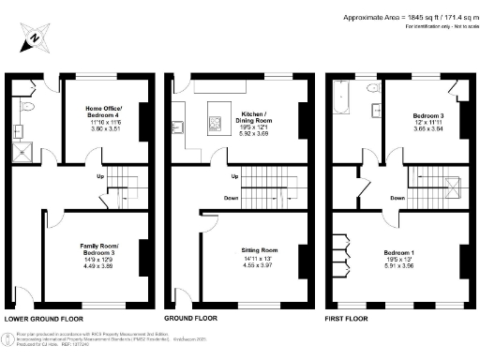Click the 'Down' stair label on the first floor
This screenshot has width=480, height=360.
tap(397, 198)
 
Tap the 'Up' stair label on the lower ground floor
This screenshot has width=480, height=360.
tap(99, 174)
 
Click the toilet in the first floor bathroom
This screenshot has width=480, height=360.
tap(374, 89)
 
